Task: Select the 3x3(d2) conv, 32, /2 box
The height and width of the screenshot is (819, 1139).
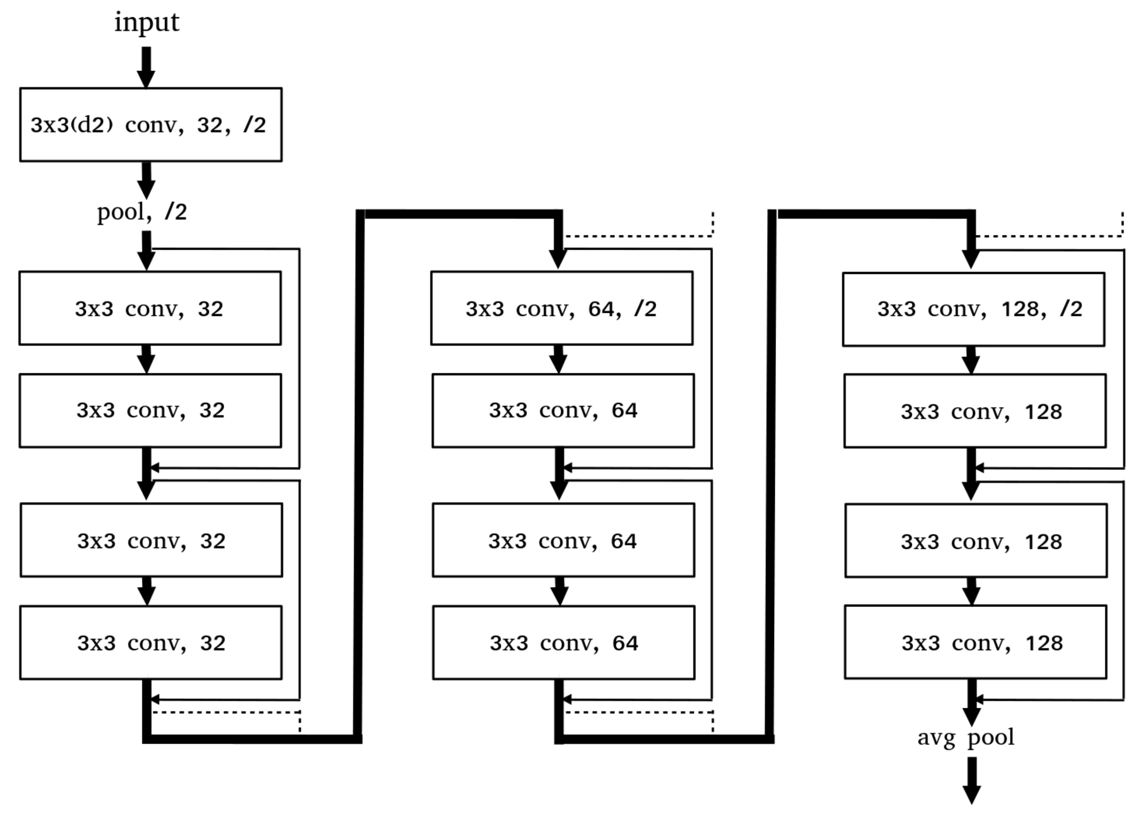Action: pyautogui.click(x=151, y=125)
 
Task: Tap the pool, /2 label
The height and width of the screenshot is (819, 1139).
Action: pyautogui.click(x=142, y=212)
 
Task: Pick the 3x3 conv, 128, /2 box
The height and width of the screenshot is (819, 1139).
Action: pyautogui.click(x=973, y=309)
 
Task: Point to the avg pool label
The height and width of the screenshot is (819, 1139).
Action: pyautogui.click(x=966, y=738)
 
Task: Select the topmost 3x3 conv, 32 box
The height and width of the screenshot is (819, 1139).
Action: pyautogui.click(x=150, y=308)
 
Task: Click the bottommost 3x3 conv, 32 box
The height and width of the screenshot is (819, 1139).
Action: pyautogui.click(x=151, y=643)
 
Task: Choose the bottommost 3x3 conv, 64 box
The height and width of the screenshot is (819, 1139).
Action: pyautogui.click(x=563, y=643)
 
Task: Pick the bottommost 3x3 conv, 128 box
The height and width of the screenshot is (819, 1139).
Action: pyautogui.click(x=975, y=642)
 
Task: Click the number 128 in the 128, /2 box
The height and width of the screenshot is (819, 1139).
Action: pyautogui.click(x=1020, y=309)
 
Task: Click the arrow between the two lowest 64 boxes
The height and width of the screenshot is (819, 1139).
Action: pyautogui.click(x=560, y=591)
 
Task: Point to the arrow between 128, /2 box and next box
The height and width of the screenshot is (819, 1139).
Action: pyautogui.click(x=971, y=360)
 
